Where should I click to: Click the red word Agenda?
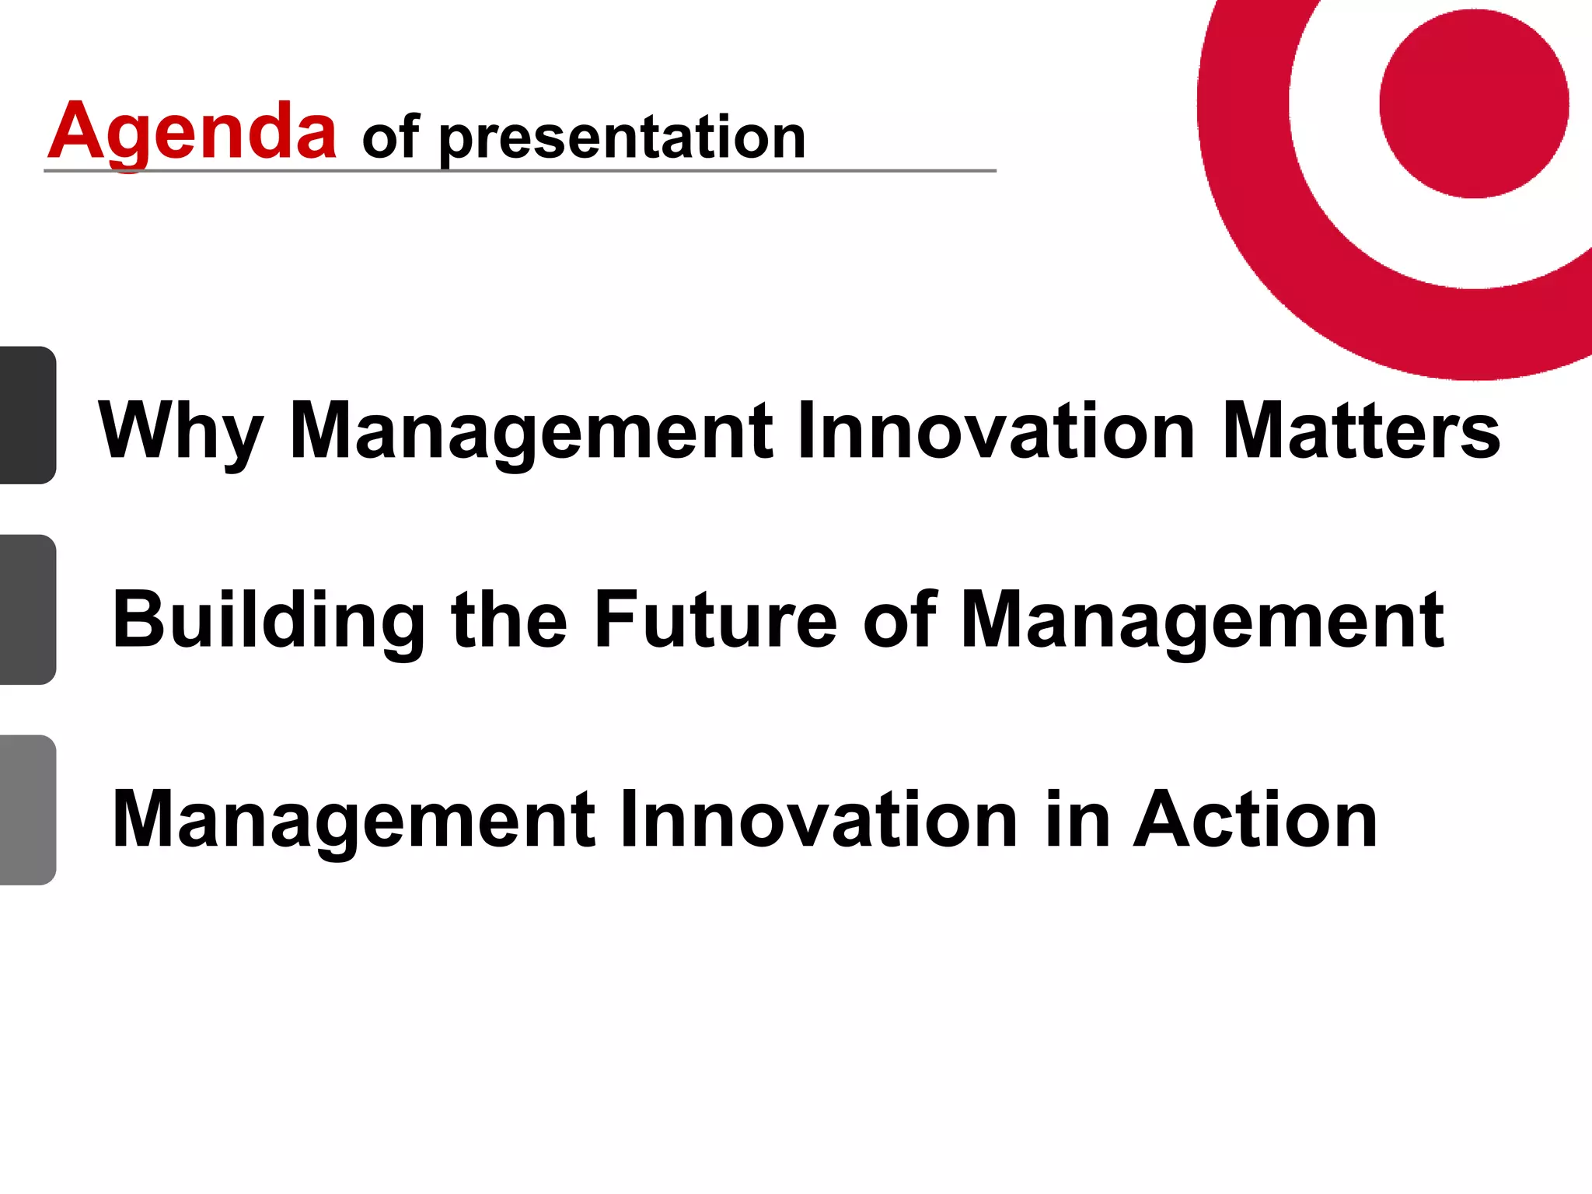tap(192, 132)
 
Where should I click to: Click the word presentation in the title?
tap(622, 138)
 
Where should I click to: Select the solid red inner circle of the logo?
tap(1473, 104)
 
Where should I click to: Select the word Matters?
tap(1360, 431)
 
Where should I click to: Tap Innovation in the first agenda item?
tap(996, 431)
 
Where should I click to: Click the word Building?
tap(268, 620)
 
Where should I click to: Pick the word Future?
tap(715, 620)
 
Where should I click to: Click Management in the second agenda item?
tap(1202, 620)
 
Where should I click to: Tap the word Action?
tap(1255, 819)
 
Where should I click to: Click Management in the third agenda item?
tap(354, 819)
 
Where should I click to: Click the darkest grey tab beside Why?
tap(27, 415)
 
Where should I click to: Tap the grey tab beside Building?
tap(27, 609)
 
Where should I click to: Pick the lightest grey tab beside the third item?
tap(27, 809)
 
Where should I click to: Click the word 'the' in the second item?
tap(509, 620)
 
